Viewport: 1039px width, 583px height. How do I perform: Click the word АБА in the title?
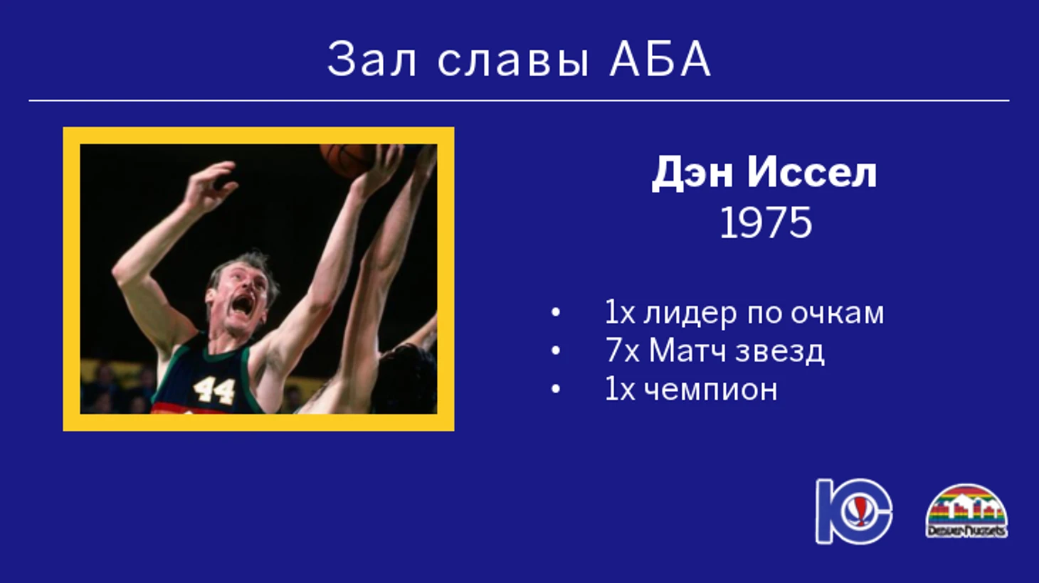[x=660, y=59]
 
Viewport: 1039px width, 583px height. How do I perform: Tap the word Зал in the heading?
[x=371, y=59]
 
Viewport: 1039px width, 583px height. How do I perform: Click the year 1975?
[x=766, y=223]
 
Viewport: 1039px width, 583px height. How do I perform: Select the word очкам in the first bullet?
[x=837, y=314]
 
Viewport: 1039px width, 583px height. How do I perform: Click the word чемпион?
[x=711, y=390]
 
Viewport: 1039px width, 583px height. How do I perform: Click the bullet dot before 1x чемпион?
[x=555, y=390]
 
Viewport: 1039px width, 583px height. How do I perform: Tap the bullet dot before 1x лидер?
[x=555, y=313]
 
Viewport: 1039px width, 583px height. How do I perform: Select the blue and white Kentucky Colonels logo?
[x=855, y=510]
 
